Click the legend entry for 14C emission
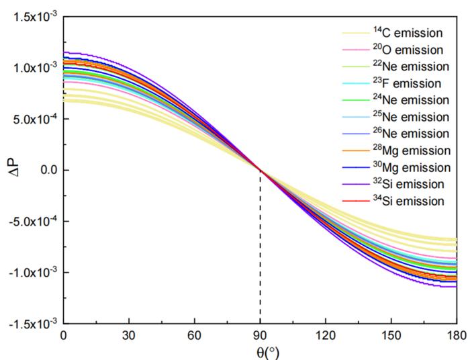click(408, 32)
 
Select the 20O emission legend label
click(408, 50)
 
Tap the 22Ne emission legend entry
click(411, 66)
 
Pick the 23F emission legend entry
click(407, 83)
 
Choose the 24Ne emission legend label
click(411, 100)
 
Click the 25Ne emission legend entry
click(411, 117)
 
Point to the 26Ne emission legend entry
click(411, 134)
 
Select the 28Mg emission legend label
click(411, 150)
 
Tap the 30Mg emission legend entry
click(411, 167)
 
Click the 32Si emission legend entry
click(408, 184)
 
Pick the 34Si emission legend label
click(408, 201)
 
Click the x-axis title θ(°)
click(260, 352)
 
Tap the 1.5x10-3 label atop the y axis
click(32, 17)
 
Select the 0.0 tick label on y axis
click(46, 170)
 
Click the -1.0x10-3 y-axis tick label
click(31, 272)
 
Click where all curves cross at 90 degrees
click(260, 170)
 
